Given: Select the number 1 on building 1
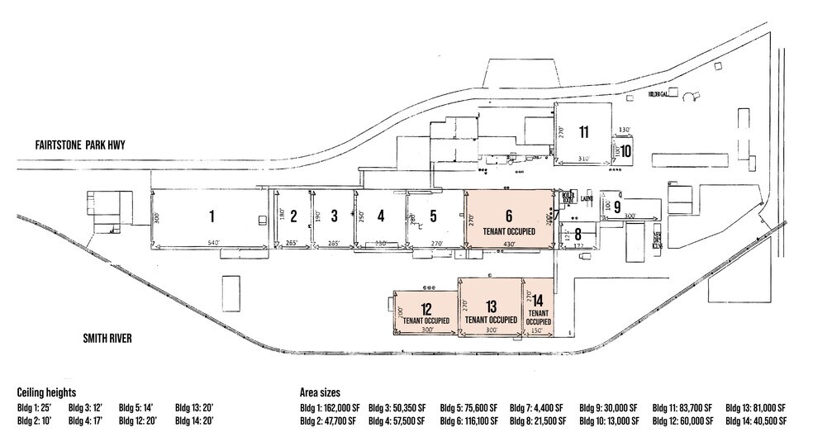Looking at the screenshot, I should tap(212, 216).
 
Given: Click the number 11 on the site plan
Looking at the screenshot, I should tap(583, 132).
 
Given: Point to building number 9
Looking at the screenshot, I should tap(616, 207).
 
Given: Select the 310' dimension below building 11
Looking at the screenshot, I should tap(583, 158).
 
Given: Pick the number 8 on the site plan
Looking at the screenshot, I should tap(578, 234).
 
